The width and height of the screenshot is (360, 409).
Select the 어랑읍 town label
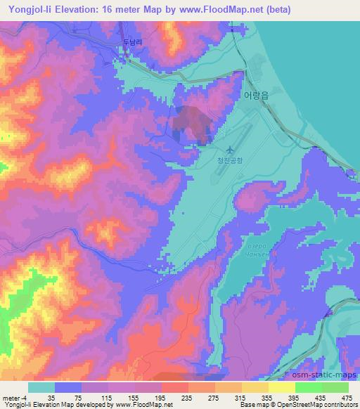click(x=255, y=93)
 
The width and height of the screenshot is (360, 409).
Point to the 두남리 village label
click(x=134, y=42)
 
